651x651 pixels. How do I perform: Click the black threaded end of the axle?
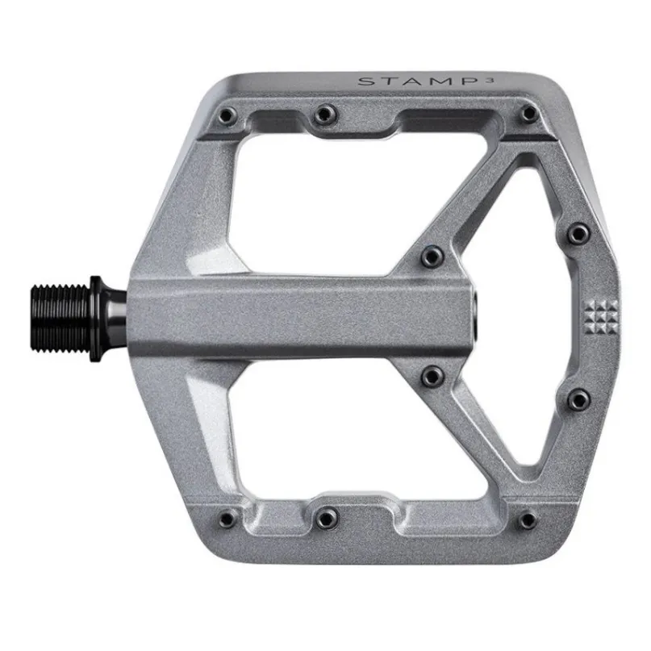[61, 319]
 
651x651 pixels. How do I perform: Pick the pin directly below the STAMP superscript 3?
[528, 113]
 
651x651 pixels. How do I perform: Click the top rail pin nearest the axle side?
[227, 115]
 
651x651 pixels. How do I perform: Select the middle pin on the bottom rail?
[327, 518]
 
